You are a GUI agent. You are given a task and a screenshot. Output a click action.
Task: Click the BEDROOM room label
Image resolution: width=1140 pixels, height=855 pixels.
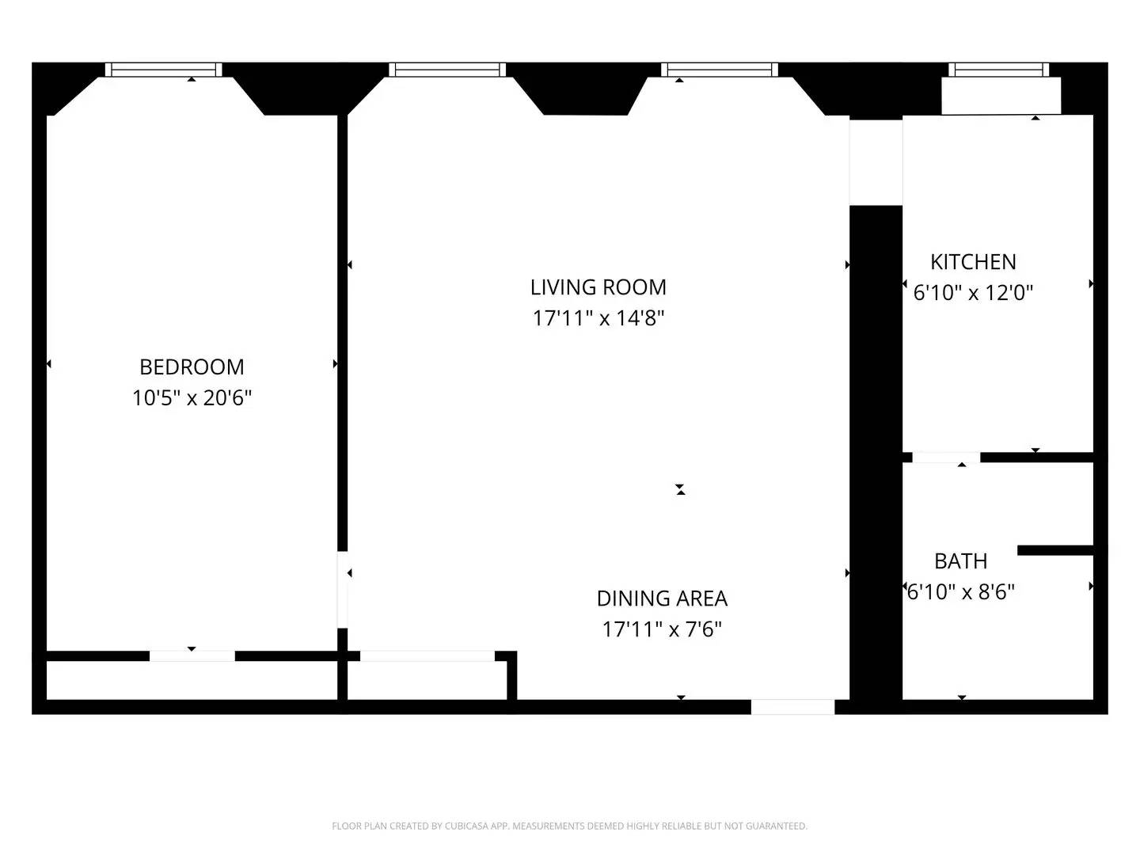point(192,367)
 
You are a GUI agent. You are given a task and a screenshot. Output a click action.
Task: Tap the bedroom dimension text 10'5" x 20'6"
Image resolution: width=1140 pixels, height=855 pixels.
point(192,397)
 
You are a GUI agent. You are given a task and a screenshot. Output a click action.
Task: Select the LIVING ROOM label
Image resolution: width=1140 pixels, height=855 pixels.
point(598,287)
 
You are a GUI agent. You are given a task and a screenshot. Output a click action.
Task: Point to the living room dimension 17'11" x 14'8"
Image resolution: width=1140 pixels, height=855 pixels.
point(598,318)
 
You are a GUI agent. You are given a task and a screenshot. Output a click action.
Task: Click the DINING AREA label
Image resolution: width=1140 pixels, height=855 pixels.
point(662,598)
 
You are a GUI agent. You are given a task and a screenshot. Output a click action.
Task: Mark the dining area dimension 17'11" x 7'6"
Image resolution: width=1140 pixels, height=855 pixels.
point(662,629)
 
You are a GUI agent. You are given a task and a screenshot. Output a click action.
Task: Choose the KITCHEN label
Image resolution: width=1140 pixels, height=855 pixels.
point(973,261)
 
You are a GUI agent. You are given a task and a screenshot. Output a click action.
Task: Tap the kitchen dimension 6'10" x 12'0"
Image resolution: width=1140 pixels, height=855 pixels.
point(973,293)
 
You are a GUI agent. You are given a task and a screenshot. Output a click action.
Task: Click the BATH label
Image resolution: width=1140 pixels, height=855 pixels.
point(960,560)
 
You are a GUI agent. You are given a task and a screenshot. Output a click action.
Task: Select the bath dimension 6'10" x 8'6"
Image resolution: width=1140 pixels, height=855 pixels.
point(960,591)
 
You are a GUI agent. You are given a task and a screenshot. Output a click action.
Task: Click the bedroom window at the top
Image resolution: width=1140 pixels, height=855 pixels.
point(164,70)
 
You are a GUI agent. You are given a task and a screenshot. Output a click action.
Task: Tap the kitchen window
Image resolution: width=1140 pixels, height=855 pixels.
point(999,70)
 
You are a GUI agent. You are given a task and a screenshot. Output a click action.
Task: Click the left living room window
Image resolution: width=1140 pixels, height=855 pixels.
point(447,70)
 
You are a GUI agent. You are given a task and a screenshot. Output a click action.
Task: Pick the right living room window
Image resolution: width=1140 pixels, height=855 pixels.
point(720,70)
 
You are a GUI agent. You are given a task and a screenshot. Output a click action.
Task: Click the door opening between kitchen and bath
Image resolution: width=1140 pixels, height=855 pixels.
point(946,458)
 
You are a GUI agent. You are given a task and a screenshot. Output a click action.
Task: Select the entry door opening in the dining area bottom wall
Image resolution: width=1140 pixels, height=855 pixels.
point(792,707)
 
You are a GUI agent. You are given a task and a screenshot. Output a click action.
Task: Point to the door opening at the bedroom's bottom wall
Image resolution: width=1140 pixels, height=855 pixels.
point(192,655)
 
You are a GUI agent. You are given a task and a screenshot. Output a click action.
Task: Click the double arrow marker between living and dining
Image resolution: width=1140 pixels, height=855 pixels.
point(680,490)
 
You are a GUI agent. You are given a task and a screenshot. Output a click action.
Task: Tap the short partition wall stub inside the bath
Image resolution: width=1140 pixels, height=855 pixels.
point(1055,550)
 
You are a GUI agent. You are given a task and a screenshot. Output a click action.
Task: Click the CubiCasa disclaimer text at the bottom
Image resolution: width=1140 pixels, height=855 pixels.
point(569,826)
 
